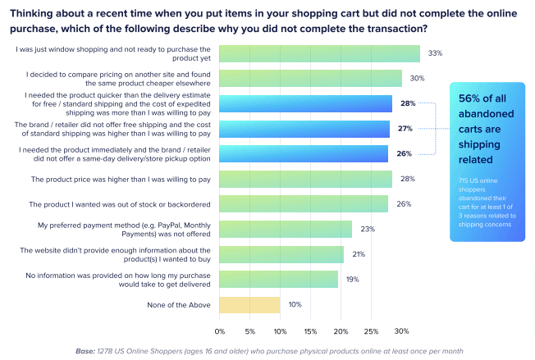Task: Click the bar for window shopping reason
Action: click(x=319, y=53)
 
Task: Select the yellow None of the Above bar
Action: click(x=249, y=305)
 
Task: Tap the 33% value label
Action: click(x=435, y=53)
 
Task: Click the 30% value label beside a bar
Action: click(x=417, y=79)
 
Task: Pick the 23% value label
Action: click(x=367, y=230)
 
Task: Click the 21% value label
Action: click(x=359, y=254)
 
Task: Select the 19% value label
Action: click(x=352, y=280)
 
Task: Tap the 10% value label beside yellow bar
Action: click(x=295, y=305)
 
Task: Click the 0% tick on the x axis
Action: click(x=220, y=331)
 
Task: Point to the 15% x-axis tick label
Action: click(x=311, y=331)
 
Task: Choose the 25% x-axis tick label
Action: click(x=371, y=331)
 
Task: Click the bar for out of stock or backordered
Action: click(x=304, y=204)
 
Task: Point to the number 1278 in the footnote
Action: click(x=107, y=351)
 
